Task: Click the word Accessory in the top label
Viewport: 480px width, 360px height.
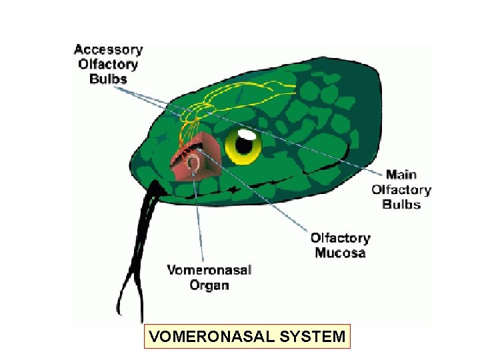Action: (x=108, y=50)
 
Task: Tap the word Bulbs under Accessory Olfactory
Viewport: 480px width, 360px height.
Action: (x=108, y=78)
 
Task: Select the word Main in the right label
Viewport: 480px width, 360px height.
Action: (x=401, y=175)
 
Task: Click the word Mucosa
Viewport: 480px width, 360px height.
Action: (x=340, y=253)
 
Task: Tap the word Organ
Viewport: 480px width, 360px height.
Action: (x=209, y=285)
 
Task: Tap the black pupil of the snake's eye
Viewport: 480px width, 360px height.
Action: (x=247, y=143)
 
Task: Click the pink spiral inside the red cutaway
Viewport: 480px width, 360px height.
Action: (x=195, y=161)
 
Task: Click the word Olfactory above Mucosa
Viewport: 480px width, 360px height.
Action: (x=340, y=238)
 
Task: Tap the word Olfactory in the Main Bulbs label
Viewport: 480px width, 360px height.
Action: (x=401, y=189)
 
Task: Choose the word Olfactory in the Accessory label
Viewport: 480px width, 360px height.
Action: (x=108, y=64)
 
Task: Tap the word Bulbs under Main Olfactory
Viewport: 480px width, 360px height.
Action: (x=401, y=204)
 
